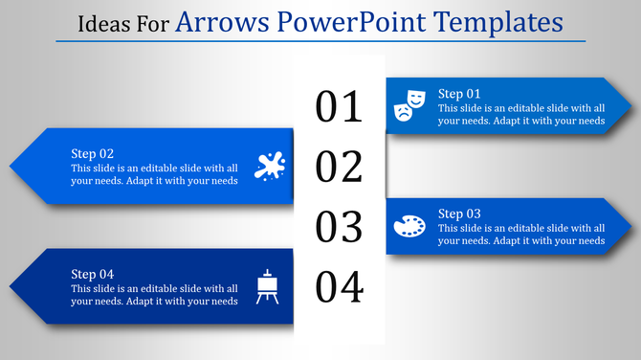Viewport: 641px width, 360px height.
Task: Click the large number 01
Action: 340,107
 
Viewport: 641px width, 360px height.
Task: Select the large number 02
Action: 340,167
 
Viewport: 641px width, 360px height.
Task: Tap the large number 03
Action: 340,227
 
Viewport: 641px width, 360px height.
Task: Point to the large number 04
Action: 340,286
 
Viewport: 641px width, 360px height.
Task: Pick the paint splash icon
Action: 269,166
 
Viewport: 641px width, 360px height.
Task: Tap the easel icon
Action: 268,286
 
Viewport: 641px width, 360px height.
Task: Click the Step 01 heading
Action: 459,93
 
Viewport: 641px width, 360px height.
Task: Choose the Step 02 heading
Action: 93,153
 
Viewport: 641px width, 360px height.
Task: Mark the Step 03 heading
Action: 459,213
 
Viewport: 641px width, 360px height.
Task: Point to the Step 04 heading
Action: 93,274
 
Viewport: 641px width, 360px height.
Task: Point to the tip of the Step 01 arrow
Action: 631,105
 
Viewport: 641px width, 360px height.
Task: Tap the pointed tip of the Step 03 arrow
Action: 631,226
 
